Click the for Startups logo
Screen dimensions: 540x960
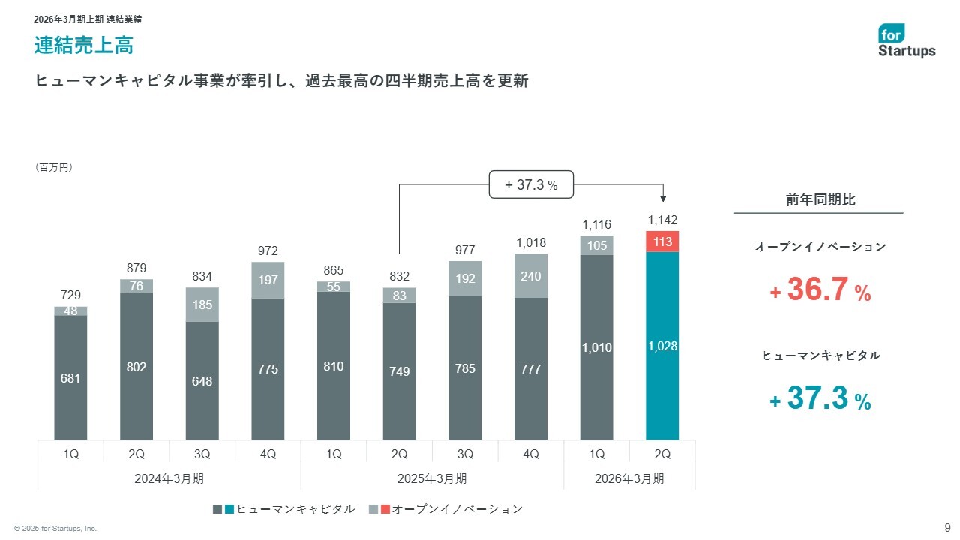point(907,40)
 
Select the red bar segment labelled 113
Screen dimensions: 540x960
point(662,241)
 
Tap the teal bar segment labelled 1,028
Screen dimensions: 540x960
point(662,346)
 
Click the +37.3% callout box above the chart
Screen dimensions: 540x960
point(532,184)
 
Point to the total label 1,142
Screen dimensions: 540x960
point(662,220)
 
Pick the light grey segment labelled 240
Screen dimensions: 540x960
point(531,275)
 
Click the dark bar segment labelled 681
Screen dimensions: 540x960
point(71,378)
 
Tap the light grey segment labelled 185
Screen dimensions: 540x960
point(202,304)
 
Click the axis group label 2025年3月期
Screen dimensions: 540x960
point(432,478)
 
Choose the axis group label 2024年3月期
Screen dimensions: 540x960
point(169,478)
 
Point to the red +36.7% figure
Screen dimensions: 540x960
point(820,289)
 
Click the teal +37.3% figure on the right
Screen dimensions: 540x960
point(820,399)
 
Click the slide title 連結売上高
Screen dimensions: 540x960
point(83,46)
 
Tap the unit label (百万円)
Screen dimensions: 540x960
point(54,168)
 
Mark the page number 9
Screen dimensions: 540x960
point(947,526)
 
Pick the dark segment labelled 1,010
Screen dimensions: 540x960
point(596,347)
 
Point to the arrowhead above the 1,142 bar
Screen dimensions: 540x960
point(663,199)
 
